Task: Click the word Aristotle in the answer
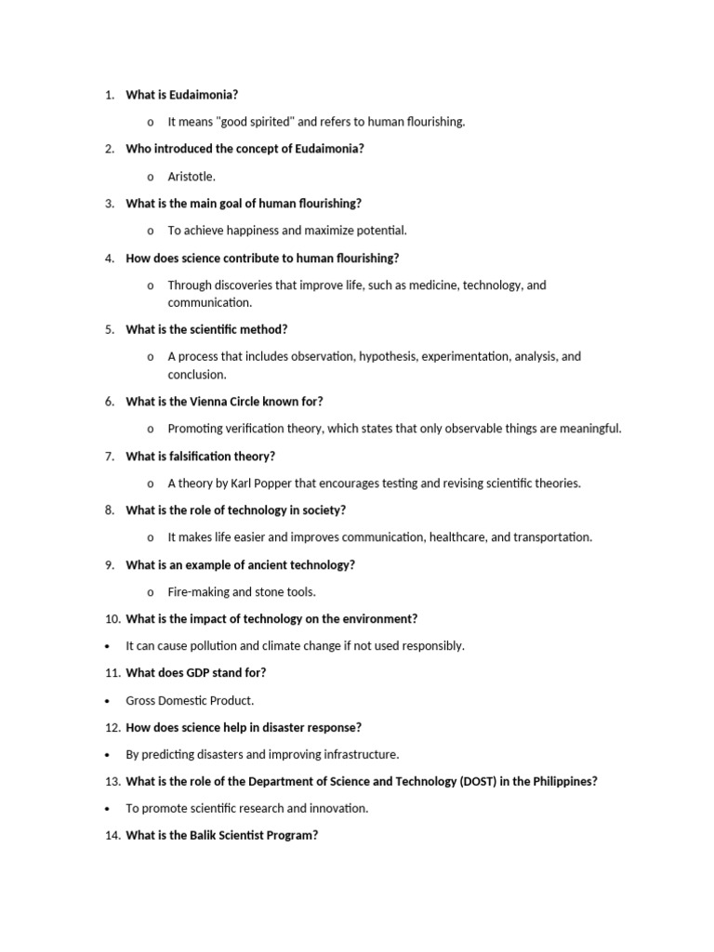tap(191, 177)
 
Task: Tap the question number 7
tap(109, 456)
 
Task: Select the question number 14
tap(112, 836)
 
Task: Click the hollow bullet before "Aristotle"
tap(151, 177)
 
